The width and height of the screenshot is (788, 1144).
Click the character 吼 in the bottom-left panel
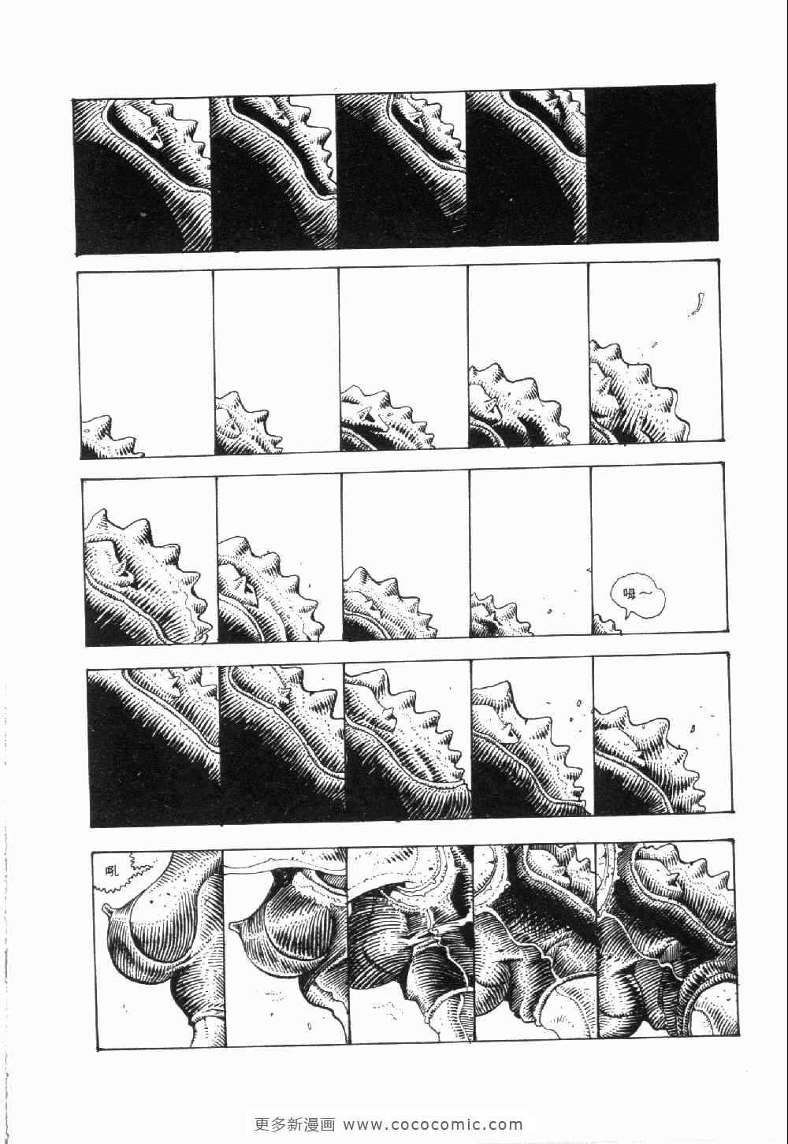point(109,870)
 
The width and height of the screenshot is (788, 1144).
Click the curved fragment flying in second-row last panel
point(696,303)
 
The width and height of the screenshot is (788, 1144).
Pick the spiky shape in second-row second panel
point(247,422)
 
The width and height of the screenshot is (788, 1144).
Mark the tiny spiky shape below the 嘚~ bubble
point(607,623)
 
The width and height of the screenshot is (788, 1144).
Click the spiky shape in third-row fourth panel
point(500,615)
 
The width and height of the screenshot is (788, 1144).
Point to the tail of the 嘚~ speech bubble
point(619,617)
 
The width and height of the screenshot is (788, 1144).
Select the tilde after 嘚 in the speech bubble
point(646,594)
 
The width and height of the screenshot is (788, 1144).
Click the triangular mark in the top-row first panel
point(151,134)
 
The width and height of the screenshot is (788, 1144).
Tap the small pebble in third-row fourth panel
point(550,610)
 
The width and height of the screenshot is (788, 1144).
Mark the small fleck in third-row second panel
point(310,584)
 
